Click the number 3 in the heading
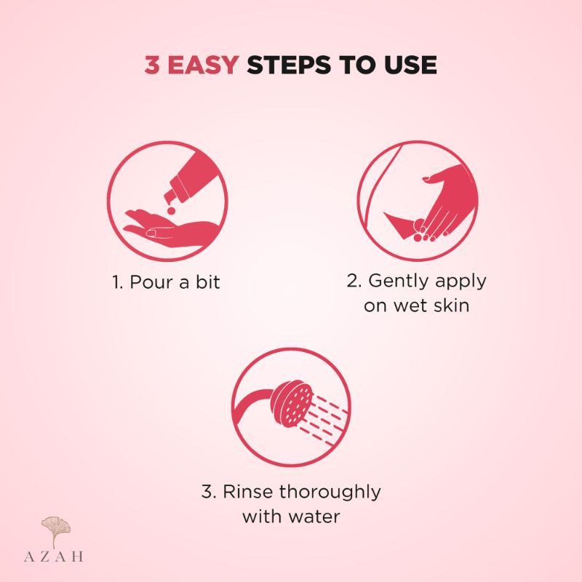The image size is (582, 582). coord(152,65)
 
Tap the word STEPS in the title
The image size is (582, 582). coord(289,65)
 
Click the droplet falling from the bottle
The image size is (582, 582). coord(171,210)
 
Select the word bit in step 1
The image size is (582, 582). coord(208,282)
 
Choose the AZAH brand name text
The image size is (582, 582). coord(54,557)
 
